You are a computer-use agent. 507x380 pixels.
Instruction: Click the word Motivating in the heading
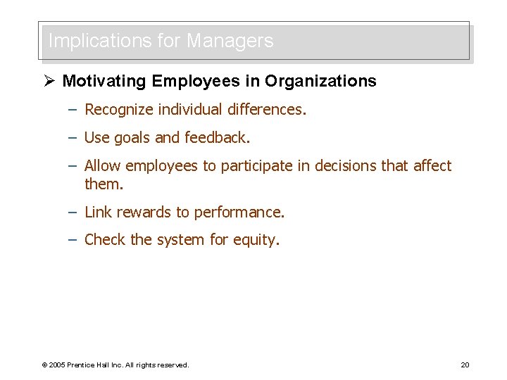[x=105, y=81]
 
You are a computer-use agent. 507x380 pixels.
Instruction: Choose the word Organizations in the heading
[x=320, y=81]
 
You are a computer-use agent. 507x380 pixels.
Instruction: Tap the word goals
[x=132, y=138]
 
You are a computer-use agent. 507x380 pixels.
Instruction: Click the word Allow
[x=103, y=166]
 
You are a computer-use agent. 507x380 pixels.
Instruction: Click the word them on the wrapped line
[x=104, y=184]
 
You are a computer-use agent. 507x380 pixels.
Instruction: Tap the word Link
[x=98, y=212]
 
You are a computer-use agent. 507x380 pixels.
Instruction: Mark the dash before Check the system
[x=73, y=240]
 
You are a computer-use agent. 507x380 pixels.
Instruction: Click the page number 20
[x=465, y=365]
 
